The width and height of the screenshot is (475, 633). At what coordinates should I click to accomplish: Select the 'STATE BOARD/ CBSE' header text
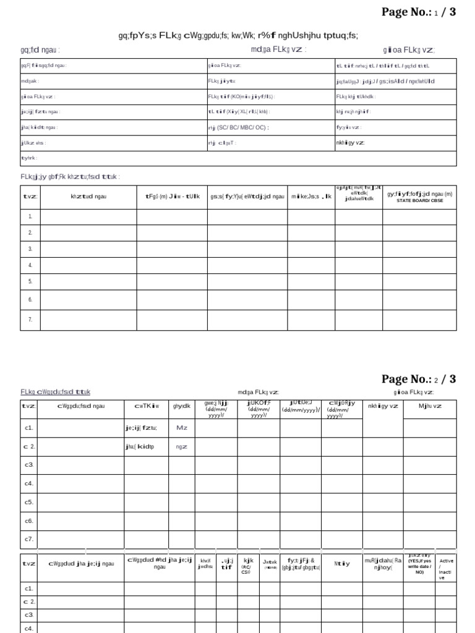(x=419, y=200)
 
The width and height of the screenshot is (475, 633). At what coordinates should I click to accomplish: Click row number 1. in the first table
(x=30, y=217)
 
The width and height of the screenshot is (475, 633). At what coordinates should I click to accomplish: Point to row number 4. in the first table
(x=30, y=265)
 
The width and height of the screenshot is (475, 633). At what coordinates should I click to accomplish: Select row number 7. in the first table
(x=30, y=320)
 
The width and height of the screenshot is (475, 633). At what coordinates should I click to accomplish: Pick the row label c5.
(x=29, y=502)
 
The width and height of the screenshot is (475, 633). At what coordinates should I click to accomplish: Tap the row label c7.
(x=29, y=539)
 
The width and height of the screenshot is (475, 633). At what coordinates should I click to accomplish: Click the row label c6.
(x=29, y=521)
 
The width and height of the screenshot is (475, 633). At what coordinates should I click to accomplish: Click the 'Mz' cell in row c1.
(x=182, y=427)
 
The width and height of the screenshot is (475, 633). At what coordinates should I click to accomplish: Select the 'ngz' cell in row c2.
(x=181, y=446)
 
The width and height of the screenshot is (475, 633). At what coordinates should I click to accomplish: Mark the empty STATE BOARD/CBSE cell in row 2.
(x=419, y=233)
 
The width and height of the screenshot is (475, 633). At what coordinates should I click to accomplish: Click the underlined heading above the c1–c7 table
(x=55, y=392)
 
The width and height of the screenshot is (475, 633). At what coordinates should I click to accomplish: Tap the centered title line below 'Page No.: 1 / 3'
(x=238, y=35)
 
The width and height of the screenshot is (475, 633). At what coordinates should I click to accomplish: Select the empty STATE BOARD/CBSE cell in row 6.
(x=419, y=299)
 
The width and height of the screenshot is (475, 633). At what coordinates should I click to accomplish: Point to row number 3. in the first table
(x=30, y=249)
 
